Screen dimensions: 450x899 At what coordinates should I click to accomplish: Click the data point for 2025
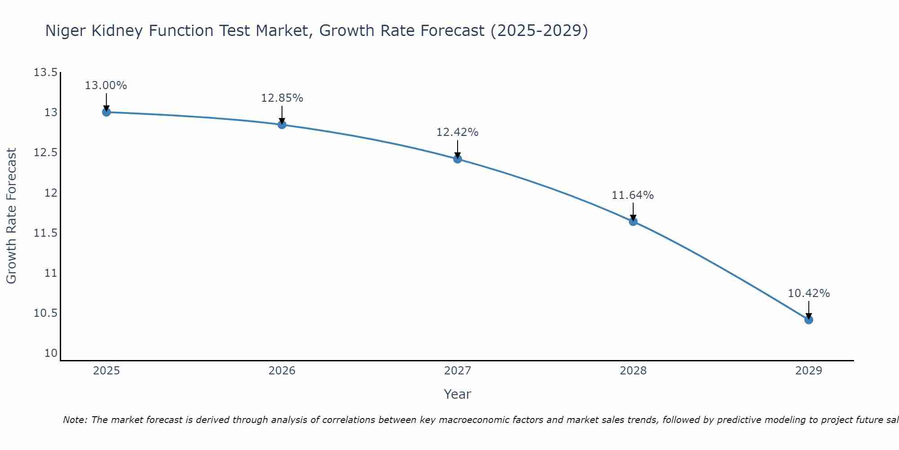click(x=106, y=112)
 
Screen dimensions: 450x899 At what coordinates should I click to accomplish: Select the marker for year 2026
click(x=282, y=125)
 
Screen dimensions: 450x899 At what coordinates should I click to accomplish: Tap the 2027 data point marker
click(x=458, y=159)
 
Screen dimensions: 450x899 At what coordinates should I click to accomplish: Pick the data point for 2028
click(x=633, y=221)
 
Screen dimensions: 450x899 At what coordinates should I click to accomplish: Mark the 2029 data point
click(x=809, y=320)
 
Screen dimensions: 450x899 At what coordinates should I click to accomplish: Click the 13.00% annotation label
click(x=106, y=85)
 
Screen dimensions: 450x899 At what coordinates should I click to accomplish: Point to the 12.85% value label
click(x=282, y=98)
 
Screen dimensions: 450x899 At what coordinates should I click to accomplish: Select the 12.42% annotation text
click(x=458, y=132)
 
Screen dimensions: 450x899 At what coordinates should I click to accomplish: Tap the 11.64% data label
click(x=633, y=195)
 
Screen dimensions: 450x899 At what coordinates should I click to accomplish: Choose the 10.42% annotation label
click(x=809, y=293)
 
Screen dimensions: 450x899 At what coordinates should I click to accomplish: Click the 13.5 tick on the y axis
click(x=45, y=72)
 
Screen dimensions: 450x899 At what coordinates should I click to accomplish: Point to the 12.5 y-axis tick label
click(x=45, y=153)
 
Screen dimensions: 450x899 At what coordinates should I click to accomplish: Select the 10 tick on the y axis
click(x=51, y=353)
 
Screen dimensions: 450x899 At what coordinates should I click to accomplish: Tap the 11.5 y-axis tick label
click(x=45, y=233)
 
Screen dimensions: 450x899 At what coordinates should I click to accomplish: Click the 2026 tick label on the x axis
click(x=282, y=371)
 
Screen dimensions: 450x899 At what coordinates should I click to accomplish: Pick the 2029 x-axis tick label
click(x=809, y=371)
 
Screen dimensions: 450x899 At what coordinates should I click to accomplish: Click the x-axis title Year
click(x=457, y=394)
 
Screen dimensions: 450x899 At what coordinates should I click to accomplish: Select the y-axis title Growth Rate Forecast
click(x=12, y=216)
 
